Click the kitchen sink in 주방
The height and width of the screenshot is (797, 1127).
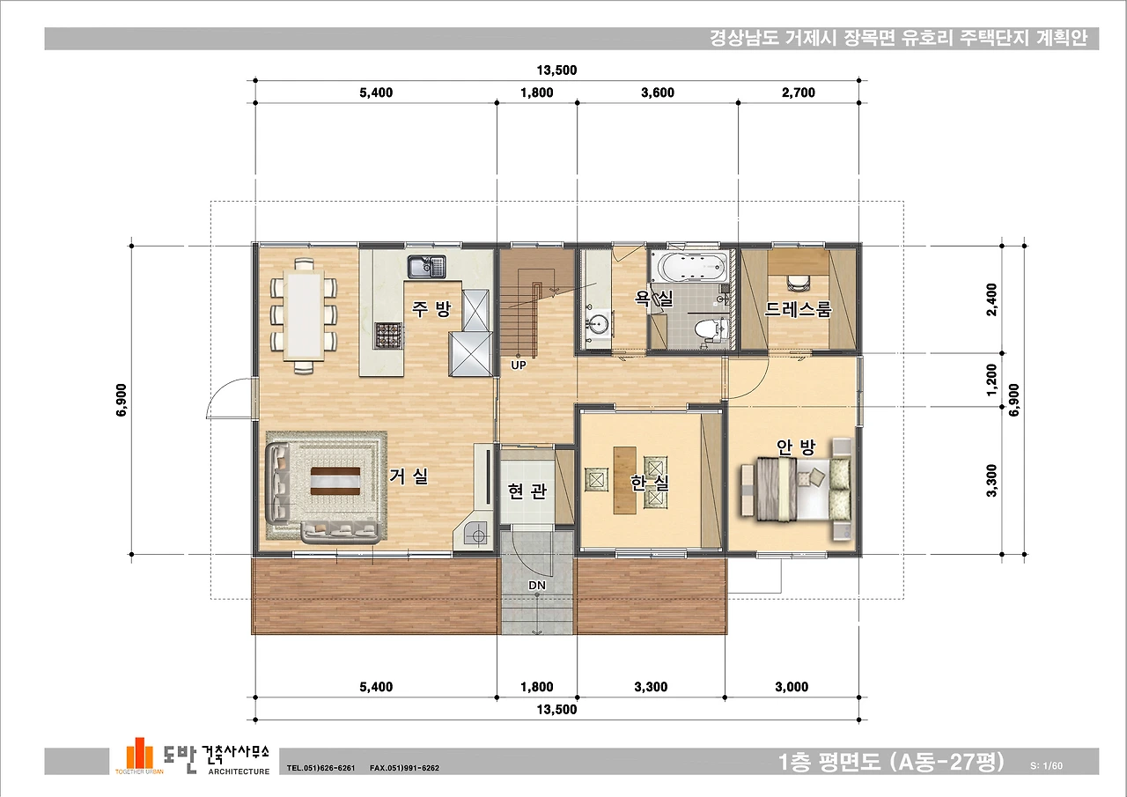427,267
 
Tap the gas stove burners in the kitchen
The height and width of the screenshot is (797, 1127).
389,336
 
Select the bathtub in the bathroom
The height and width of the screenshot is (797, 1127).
689,267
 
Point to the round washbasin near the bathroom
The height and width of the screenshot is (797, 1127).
598,322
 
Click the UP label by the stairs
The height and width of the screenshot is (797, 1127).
519,365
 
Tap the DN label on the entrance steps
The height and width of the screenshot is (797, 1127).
537,585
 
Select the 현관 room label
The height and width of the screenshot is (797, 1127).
527,491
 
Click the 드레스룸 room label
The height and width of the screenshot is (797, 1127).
798,308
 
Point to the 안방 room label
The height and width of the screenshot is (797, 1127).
795,446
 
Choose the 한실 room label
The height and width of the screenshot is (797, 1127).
650,483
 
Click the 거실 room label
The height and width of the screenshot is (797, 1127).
409,476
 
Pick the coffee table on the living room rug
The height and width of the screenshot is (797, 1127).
335,482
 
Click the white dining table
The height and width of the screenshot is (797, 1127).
304,315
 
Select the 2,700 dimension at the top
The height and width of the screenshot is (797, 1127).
799,92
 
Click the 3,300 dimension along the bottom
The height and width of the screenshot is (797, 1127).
651,687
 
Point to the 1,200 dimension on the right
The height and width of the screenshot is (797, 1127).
991,380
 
